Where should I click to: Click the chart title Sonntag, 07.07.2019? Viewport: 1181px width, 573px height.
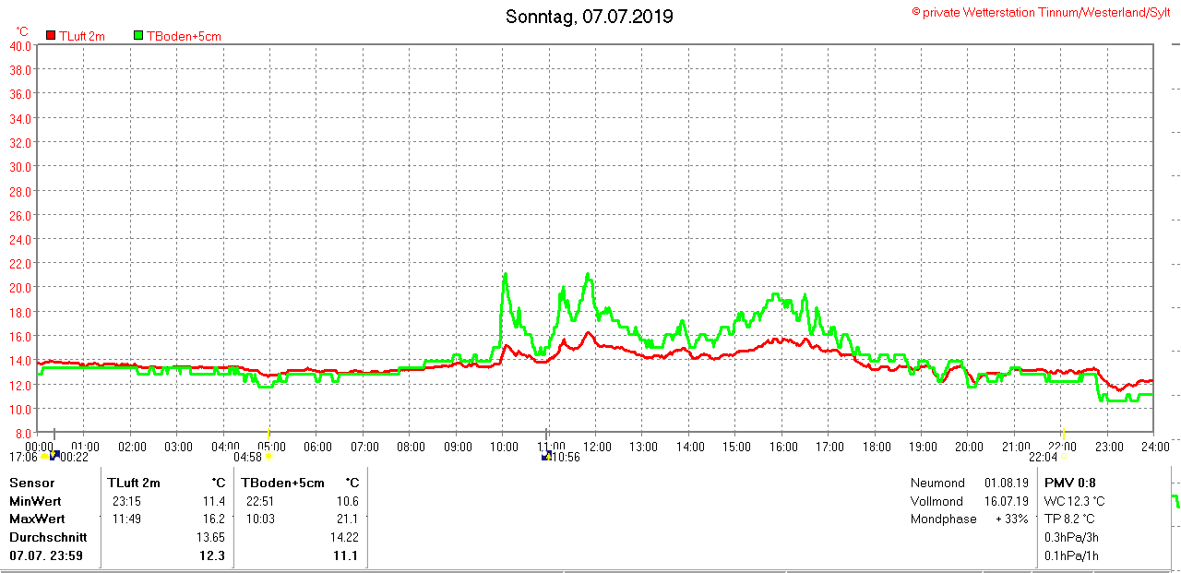tap(589, 17)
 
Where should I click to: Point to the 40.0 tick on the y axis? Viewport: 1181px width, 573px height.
tap(20, 46)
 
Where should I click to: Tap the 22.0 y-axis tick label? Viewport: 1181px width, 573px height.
tap(20, 263)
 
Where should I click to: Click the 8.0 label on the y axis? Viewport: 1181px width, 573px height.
tap(22, 433)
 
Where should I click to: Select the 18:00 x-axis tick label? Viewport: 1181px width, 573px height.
tap(876, 447)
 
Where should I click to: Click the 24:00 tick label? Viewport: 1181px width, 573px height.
tap(1153, 447)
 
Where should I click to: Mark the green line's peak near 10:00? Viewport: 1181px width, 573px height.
tap(506, 274)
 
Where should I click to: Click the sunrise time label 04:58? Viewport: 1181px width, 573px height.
tap(248, 457)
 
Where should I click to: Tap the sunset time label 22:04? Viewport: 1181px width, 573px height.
tap(1044, 456)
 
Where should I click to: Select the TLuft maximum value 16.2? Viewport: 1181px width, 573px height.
tap(213, 519)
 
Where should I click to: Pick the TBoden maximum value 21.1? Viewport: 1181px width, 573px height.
tap(348, 519)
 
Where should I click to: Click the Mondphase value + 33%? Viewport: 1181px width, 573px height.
tap(1011, 519)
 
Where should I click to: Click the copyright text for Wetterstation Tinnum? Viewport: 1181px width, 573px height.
tap(1041, 12)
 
